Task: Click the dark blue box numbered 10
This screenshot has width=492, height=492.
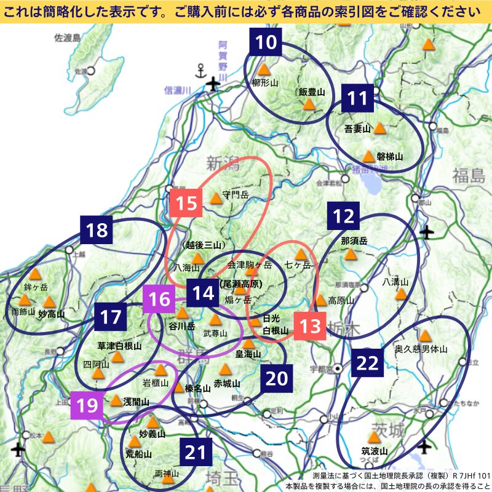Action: [266, 44]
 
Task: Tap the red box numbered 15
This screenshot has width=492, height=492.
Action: [187, 203]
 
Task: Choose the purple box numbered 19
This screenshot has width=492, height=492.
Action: [86, 405]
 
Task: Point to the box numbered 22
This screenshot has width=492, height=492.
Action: [367, 362]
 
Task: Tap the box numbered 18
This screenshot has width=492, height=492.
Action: [97, 231]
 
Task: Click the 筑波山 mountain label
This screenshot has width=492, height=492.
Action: [375, 451]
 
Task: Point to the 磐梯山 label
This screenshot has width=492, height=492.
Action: [389, 157]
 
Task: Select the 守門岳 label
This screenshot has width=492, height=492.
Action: [236, 195]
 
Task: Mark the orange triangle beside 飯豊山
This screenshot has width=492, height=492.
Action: [309, 105]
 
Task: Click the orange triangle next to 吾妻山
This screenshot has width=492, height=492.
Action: [379, 128]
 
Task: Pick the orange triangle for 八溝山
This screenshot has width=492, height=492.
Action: [400, 294]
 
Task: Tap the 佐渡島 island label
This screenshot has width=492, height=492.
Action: [68, 38]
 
